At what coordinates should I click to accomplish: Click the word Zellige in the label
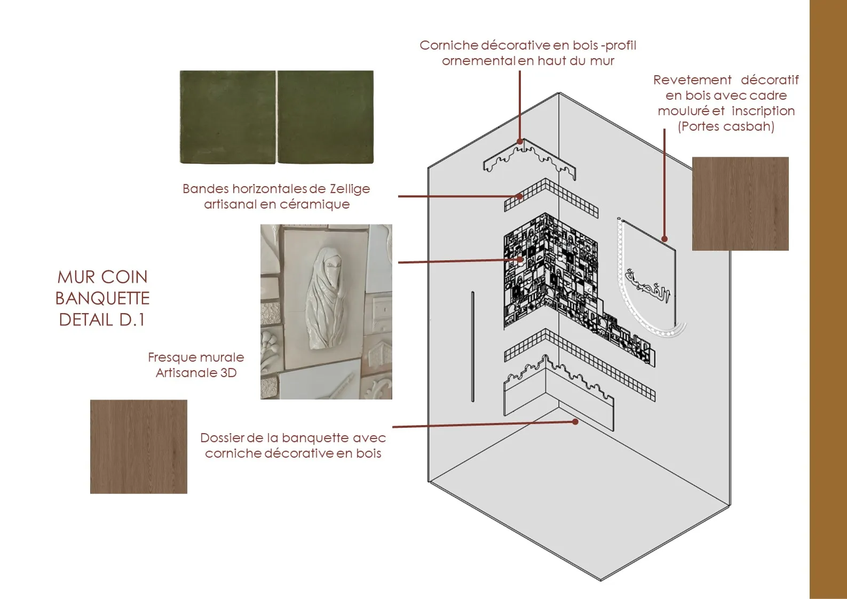click(350, 189)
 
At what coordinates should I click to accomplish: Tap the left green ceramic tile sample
click(228, 117)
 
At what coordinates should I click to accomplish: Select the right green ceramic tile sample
click(326, 117)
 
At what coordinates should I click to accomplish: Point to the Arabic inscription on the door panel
click(647, 286)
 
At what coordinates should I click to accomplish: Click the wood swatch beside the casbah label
click(740, 203)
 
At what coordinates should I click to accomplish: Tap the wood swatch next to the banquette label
click(139, 446)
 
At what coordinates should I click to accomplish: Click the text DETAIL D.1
click(102, 320)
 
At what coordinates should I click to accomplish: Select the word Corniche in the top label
click(448, 45)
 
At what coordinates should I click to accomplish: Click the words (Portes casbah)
click(726, 126)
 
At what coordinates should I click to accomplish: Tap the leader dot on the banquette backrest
click(575, 421)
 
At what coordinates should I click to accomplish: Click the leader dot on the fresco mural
click(520, 260)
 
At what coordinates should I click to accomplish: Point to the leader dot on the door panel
click(664, 239)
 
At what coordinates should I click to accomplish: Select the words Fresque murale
click(196, 357)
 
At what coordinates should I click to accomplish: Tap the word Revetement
click(692, 80)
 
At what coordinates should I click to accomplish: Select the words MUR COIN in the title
click(102, 277)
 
